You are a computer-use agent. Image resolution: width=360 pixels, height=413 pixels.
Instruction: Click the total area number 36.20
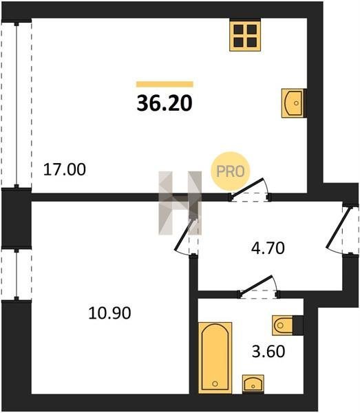coord(165,103)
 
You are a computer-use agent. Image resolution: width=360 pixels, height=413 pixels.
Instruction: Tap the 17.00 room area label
coord(65,169)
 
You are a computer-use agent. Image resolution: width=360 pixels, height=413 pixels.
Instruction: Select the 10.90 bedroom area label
coord(109,313)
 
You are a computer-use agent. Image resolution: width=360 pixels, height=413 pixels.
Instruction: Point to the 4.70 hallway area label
coord(268,248)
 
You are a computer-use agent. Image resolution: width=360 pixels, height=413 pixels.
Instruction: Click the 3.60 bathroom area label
coord(268,351)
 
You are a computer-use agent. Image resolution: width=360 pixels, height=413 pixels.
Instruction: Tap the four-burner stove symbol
coord(245,36)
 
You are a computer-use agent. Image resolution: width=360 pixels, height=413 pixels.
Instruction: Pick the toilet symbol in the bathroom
coord(287,325)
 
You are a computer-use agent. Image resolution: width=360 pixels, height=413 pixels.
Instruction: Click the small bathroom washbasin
coord(253,384)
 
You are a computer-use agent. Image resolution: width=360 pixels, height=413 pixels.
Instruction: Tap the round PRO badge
coord(231,171)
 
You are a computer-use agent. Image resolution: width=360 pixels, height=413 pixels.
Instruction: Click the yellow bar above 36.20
coord(165,84)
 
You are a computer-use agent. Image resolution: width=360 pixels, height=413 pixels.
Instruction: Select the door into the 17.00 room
coord(250,190)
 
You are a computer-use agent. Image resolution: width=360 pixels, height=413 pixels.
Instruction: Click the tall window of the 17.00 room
coord(17,105)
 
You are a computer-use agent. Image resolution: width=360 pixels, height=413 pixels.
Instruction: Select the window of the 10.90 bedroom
coord(17,274)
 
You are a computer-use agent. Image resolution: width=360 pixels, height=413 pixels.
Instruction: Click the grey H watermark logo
coord(180,203)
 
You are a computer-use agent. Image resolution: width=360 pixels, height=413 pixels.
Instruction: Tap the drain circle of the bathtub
coord(215,384)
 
